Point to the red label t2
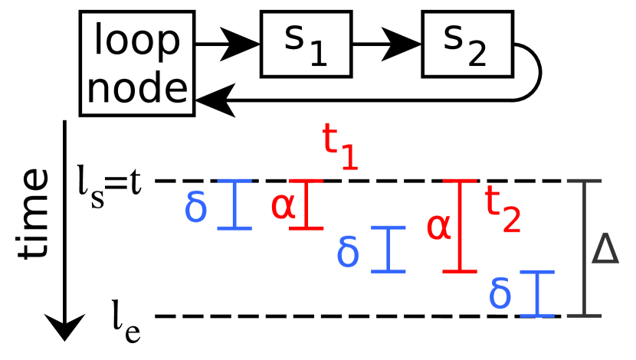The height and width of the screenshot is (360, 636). point(503,211)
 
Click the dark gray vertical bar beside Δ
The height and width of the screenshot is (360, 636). point(584,249)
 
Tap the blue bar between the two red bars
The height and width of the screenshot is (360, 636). point(388,249)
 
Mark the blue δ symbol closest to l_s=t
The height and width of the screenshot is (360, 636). point(195,207)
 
